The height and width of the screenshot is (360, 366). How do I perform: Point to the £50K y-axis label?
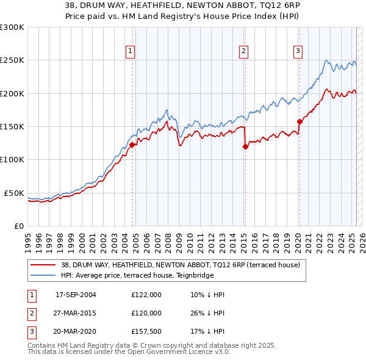point(14,193)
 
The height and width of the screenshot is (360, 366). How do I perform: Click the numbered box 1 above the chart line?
point(131,51)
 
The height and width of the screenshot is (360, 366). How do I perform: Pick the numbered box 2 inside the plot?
point(243,51)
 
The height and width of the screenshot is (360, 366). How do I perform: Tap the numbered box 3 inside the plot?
point(298,51)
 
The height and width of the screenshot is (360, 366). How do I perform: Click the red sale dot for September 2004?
point(132,145)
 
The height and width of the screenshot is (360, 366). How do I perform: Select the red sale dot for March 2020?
point(300,121)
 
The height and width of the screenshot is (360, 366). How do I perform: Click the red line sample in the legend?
point(43,265)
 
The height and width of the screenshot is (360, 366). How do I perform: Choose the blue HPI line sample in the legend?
point(43,275)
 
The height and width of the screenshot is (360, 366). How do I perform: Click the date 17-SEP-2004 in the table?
point(76,295)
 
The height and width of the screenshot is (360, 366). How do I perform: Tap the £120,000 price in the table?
point(146,313)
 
